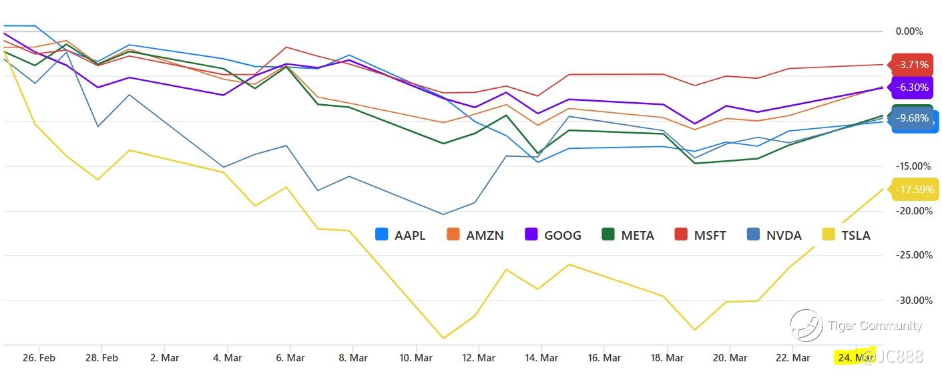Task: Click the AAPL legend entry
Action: click(x=401, y=235)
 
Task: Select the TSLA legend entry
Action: click(x=847, y=235)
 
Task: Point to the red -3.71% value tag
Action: click(x=912, y=65)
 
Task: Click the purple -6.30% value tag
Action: click(x=912, y=87)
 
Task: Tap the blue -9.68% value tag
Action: click(x=912, y=118)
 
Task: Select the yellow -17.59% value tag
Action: click(x=915, y=190)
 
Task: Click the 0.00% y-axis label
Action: click(x=909, y=31)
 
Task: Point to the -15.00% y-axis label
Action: click(x=911, y=166)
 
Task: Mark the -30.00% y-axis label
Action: click(x=911, y=301)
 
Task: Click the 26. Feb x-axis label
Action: click(x=39, y=358)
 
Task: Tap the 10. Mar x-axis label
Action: click(x=415, y=358)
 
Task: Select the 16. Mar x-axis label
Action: click(x=604, y=358)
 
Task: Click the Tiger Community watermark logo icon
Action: click(x=806, y=326)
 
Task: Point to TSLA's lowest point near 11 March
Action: click(x=443, y=338)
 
